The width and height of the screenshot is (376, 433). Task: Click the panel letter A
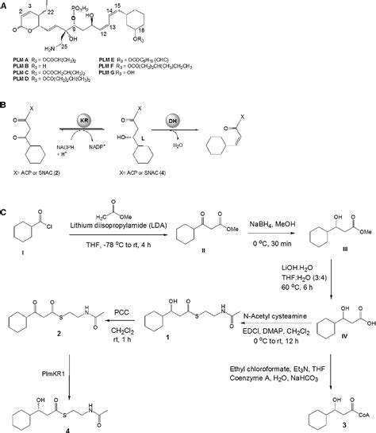pos(6,5)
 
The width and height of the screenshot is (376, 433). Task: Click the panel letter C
pos(6,213)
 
